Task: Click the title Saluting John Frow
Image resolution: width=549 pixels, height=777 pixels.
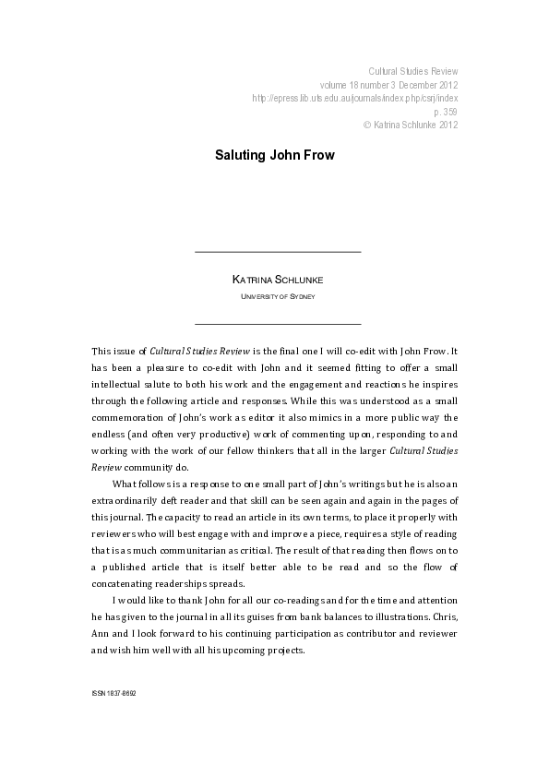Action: pyautogui.click(x=275, y=155)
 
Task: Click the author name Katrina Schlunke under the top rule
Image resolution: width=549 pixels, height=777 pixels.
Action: pyautogui.click(x=278, y=279)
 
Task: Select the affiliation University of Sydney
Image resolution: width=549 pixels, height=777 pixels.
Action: pyautogui.click(x=278, y=297)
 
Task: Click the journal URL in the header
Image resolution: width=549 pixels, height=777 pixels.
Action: pyautogui.click(x=354, y=97)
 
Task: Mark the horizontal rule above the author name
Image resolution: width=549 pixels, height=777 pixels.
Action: pyautogui.click(x=278, y=251)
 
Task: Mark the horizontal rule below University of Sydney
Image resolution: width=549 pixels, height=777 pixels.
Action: pyautogui.click(x=278, y=323)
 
